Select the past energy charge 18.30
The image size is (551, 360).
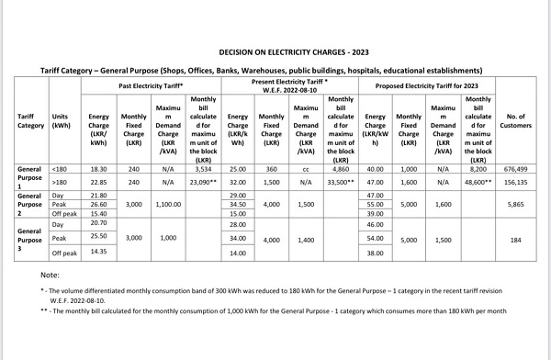click(x=99, y=170)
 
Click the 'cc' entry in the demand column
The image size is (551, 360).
click(x=305, y=170)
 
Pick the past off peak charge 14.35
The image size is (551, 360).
click(x=99, y=252)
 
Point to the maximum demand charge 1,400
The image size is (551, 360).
click(x=305, y=239)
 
